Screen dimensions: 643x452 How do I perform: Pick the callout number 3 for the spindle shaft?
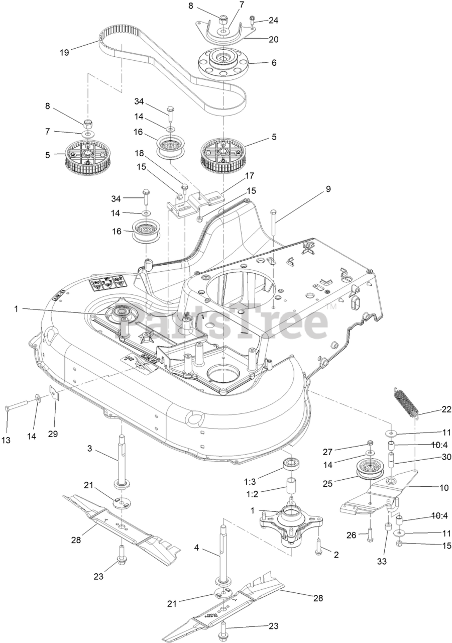coord(90,449)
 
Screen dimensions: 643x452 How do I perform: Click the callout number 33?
coord(382,562)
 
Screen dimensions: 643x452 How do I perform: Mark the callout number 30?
coord(432,457)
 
